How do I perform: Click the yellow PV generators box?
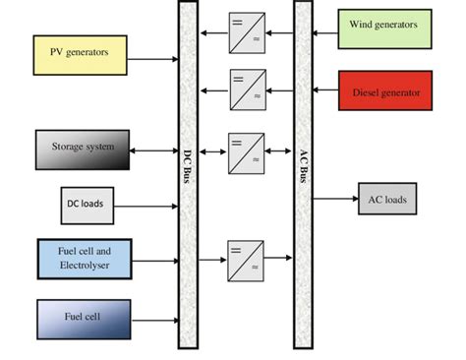click(x=80, y=53)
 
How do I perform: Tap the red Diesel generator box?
click(x=384, y=91)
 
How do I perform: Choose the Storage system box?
click(x=83, y=149)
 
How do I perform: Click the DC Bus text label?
click(x=188, y=166)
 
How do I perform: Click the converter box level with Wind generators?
click(x=247, y=32)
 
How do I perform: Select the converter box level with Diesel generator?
click(x=247, y=90)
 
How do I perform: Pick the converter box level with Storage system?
click(x=247, y=152)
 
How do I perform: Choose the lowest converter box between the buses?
click(x=247, y=260)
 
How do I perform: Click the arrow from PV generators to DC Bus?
click(x=152, y=60)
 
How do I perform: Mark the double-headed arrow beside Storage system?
click(x=153, y=151)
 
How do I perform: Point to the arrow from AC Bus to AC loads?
click(x=335, y=199)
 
